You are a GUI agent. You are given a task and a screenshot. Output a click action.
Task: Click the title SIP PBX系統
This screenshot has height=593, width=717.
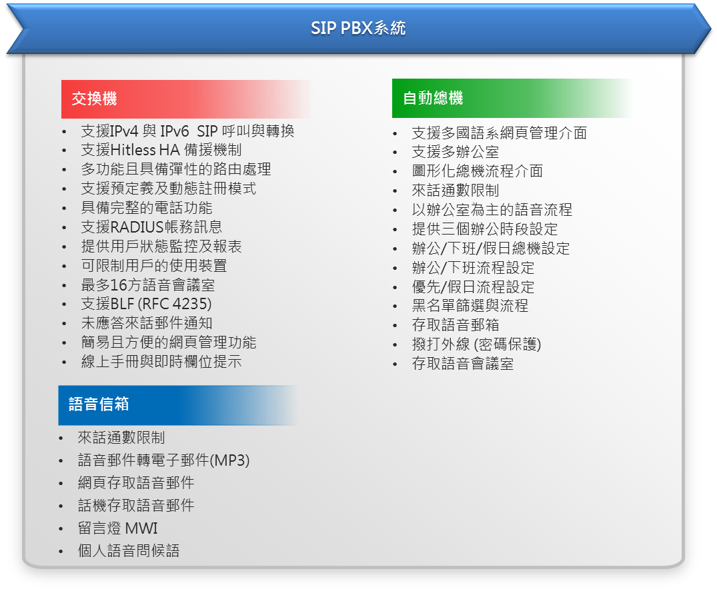point(358,28)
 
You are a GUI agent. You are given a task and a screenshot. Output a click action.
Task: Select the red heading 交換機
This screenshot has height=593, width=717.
point(94,98)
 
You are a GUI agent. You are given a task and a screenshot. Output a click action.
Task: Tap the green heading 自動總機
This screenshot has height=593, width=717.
point(433,98)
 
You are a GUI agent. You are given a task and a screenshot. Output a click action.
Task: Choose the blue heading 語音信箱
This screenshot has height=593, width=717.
point(99,404)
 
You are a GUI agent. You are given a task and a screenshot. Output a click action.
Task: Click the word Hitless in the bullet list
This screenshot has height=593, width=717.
point(133,150)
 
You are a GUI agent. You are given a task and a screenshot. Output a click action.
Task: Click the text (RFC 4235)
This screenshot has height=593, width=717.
point(175,304)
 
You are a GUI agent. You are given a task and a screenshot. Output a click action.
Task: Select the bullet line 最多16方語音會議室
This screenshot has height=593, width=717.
point(147,285)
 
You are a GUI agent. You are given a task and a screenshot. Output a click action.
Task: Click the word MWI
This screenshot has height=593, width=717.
point(141,528)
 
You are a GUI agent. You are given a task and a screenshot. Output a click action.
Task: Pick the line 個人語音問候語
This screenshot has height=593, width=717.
point(129,550)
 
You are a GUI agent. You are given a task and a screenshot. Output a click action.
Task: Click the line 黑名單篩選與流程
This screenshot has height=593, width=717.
point(470,306)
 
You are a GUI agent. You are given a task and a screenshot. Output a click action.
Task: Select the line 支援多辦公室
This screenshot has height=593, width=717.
point(456,152)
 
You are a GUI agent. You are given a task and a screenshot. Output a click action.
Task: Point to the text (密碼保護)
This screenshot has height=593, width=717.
point(508,344)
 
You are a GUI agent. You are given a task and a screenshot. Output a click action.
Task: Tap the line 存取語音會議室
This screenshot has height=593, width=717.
point(463,364)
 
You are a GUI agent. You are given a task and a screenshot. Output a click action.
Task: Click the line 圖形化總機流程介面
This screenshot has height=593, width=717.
point(478,171)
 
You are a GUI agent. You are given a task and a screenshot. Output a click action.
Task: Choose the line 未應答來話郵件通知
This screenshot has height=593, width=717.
point(147,323)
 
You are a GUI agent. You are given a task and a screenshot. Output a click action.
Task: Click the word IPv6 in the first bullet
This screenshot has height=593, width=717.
point(174,131)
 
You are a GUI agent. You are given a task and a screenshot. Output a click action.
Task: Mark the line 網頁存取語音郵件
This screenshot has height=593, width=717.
point(136,482)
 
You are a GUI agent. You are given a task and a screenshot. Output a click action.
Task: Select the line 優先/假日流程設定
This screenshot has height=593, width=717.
point(474,287)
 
